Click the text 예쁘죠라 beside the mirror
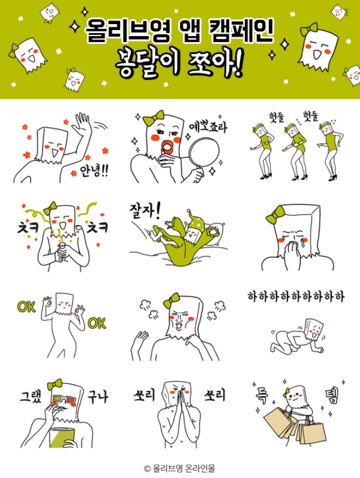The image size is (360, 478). [x=207, y=126]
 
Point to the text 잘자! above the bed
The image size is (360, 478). [x=145, y=211]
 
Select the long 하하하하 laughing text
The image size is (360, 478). [x=296, y=296]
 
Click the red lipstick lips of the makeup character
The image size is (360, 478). [x=167, y=147]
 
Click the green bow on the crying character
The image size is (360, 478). [x=275, y=215]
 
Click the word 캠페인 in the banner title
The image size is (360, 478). [x=242, y=31]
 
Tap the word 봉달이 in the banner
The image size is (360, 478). [x=148, y=63]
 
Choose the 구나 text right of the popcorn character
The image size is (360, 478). [x=98, y=397]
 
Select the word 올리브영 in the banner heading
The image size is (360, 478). [x=128, y=31]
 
